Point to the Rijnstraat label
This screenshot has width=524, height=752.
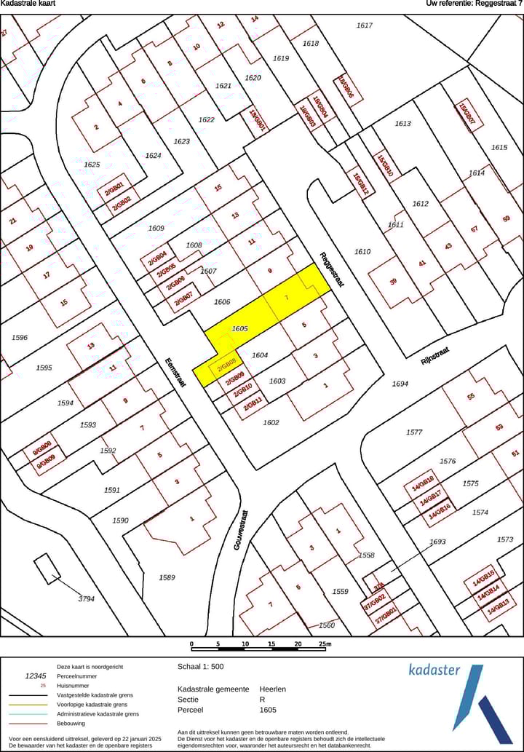(435, 356)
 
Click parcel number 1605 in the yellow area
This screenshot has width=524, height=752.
(240, 329)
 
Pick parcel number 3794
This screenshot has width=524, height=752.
(87, 599)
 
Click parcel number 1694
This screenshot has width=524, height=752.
(400, 384)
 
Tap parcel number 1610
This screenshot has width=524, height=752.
(362, 252)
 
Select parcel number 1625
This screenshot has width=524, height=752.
(92, 165)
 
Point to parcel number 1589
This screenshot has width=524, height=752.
(167, 577)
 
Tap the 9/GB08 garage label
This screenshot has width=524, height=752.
(41, 447)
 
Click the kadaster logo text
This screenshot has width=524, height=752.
(434, 669)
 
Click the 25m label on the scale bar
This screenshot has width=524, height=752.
(325, 644)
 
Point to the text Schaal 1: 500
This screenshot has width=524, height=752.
(202, 666)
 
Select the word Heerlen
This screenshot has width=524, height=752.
(273, 689)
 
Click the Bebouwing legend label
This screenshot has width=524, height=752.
(71, 723)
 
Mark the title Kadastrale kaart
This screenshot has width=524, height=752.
(28, 4)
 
